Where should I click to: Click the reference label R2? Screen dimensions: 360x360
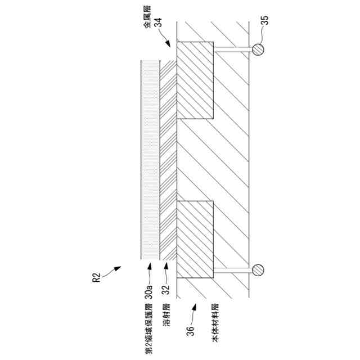pos(97,277)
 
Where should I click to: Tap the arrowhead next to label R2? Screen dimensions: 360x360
pos(118,268)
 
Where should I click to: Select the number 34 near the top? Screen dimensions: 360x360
pos(158,22)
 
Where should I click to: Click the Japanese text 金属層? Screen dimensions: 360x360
pos(147,17)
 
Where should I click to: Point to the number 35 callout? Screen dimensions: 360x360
pos(265,20)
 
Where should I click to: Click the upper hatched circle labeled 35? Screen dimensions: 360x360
pos(258,49)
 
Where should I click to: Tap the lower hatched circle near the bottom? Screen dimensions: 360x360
pos(258,270)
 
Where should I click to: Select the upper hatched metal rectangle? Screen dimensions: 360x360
pos(195,80)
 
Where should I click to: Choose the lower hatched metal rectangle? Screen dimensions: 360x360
pos(195,240)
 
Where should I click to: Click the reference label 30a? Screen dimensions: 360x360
pos(149,292)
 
